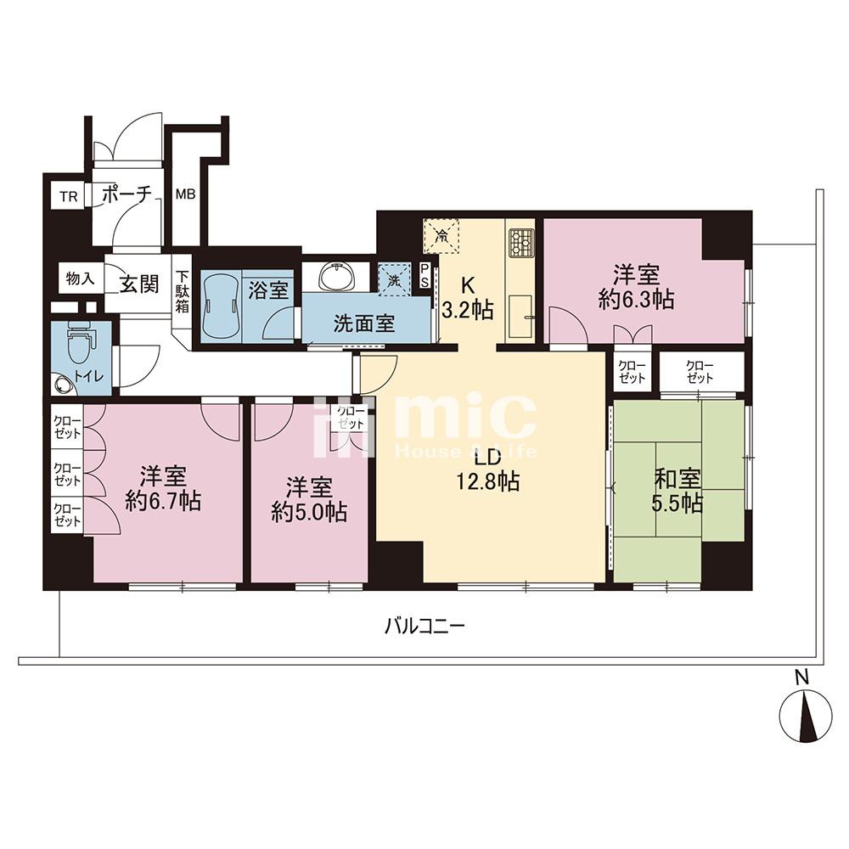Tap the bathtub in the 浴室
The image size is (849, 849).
coord(221,306)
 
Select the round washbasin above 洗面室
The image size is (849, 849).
coord(337,278)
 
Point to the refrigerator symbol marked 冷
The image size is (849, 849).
coord(441,235)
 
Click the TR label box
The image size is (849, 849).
coord(68,196)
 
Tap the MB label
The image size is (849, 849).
coord(185,194)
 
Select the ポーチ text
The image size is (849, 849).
coord(127,194)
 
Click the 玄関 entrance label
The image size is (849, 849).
coord(139,284)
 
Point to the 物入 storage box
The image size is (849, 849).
coord(81,278)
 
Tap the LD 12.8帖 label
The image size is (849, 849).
coord(487,470)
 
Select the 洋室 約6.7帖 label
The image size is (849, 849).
coord(163,489)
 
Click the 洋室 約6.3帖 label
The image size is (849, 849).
coord(636,286)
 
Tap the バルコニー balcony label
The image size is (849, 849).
coord(425,627)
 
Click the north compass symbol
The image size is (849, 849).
coord(805,715)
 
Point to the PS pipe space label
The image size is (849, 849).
coord(425,276)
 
